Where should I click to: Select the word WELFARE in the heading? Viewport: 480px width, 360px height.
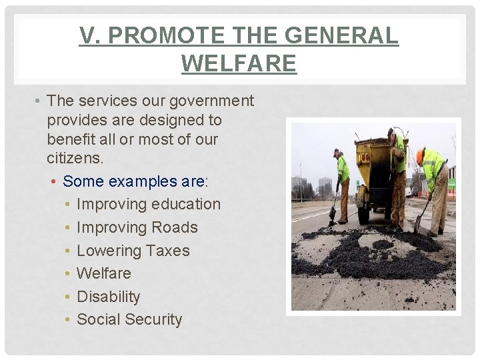click(x=239, y=63)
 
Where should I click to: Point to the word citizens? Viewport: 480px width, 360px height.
click(x=75, y=159)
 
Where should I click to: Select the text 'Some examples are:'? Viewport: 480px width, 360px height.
click(x=135, y=181)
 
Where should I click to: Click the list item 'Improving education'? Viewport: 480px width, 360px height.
click(x=148, y=204)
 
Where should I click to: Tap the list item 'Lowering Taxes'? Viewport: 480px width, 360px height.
click(x=133, y=251)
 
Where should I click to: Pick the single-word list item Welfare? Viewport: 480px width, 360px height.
click(x=104, y=273)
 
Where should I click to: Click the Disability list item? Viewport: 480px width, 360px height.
click(x=109, y=297)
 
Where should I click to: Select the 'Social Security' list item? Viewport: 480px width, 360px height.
click(x=129, y=319)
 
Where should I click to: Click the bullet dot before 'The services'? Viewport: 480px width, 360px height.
click(x=39, y=101)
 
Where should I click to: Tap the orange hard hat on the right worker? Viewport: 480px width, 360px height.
click(x=419, y=157)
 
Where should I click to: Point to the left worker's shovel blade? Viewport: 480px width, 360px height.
click(x=332, y=214)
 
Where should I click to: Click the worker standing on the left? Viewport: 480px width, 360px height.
click(x=342, y=183)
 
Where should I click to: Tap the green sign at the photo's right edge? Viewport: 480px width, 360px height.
click(x=452, y=183)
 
